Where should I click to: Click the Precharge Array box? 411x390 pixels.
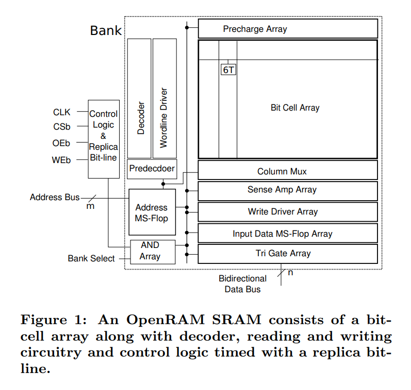(288, 29)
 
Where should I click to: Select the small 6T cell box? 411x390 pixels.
(228, 70)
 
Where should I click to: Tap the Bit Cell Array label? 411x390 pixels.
(295, 108)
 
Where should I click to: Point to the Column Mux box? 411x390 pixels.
(288, 171)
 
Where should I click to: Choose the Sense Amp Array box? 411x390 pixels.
(288, 190)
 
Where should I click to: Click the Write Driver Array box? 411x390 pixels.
(288, 211)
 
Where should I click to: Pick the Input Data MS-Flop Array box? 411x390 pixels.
(288, 234)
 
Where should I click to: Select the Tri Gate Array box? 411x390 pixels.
(288, 253)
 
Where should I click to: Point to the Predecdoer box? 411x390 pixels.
(152, 169)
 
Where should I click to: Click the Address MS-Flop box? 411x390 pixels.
(152, 212)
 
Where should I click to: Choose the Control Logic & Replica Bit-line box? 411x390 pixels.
(104, 139)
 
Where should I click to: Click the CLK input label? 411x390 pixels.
(62, 112)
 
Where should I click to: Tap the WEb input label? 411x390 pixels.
(61, 160)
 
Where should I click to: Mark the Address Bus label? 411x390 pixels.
(55, 197)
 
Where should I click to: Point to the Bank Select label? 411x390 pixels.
(91, 258)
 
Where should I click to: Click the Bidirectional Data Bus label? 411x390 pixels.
(242, 284)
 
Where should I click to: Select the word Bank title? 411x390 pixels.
(106, 30)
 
